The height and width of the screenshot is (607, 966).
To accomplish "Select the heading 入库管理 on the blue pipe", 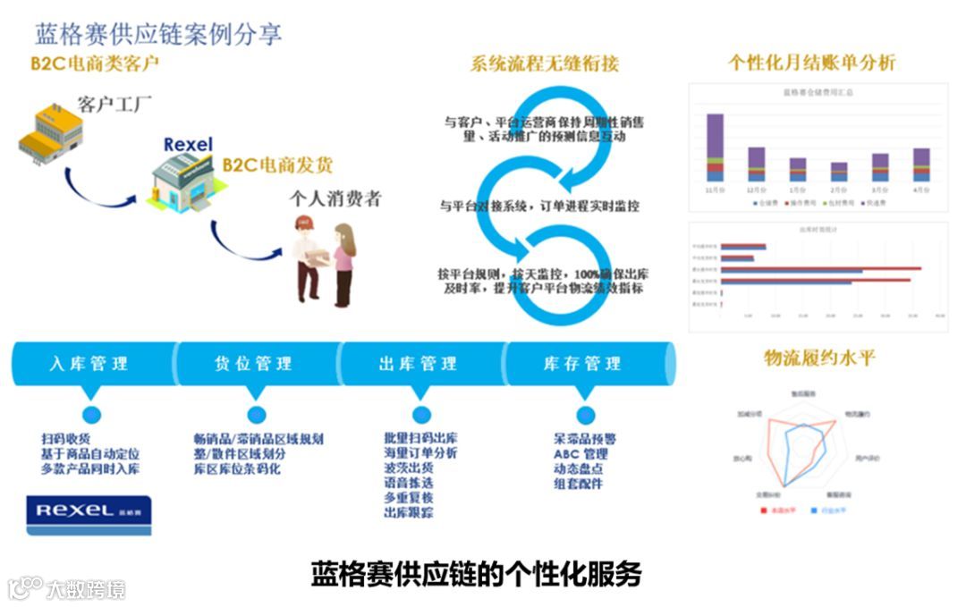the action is pos(89,364).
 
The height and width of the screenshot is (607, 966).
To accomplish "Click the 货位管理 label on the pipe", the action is pos(253,364).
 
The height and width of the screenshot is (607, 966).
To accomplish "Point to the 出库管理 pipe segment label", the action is pos(418,364).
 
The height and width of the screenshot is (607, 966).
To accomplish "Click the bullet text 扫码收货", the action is pos(65,439).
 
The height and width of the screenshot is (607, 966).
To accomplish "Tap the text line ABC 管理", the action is pos(580,454).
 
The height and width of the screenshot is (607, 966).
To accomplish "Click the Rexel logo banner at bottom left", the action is pos(89,514).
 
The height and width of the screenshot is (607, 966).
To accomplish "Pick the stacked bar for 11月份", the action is pos(715,148).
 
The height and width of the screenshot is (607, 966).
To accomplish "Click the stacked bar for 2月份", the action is pos(838,172).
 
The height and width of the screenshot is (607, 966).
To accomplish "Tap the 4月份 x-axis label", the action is pos(920,190).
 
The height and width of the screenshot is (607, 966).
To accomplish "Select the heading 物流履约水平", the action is pos(819,358).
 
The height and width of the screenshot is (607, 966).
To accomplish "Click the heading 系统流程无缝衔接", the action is pos(544,64).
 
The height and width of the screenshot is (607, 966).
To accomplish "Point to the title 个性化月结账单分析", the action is pos(811,63).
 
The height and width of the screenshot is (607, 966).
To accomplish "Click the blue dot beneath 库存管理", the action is pos(586,414).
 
